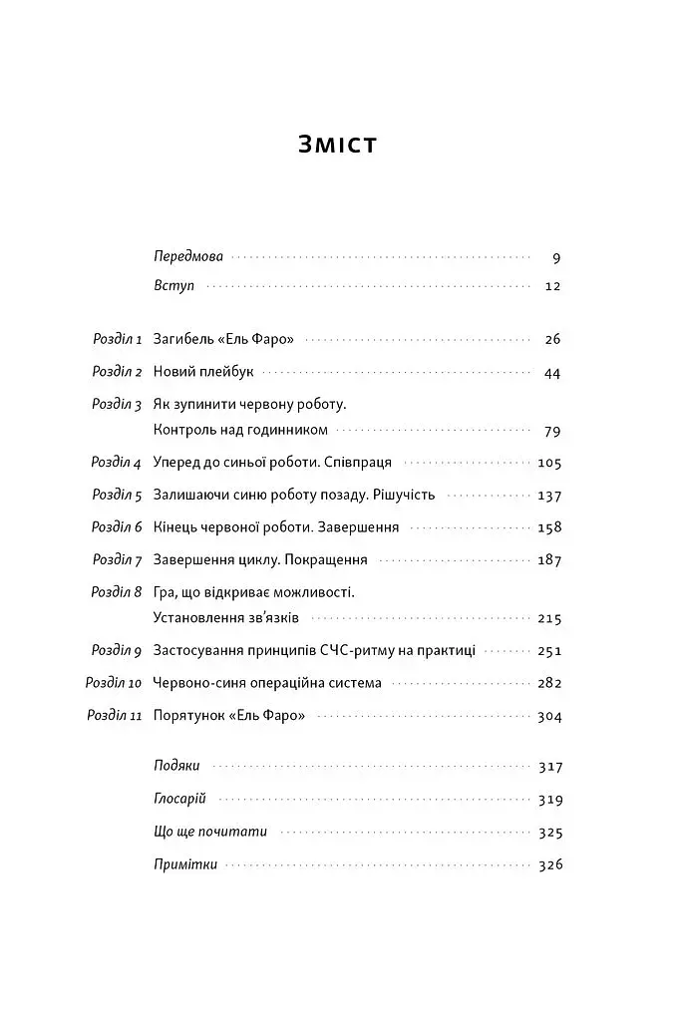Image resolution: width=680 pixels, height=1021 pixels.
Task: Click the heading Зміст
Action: point(338,144)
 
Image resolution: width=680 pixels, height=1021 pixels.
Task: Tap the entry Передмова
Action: point(189,257)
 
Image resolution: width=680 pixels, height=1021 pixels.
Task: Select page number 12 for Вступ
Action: point(554,286)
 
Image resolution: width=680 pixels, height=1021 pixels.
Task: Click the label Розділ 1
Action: point(118,339)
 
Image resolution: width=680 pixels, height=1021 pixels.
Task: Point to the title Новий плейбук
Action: point(204,372)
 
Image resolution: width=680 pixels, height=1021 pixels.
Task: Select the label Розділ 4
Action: point(118,463)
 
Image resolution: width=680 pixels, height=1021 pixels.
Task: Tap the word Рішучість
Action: point(405,495)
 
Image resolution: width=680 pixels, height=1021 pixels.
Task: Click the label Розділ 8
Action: point(118,591)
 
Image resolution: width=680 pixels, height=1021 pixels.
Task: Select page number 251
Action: point(549,650)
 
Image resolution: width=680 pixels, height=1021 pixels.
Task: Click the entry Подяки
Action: point(177,767)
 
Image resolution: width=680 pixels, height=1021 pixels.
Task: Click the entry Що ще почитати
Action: point(210,832)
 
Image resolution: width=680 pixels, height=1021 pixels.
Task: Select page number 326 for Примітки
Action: point(549,864)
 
